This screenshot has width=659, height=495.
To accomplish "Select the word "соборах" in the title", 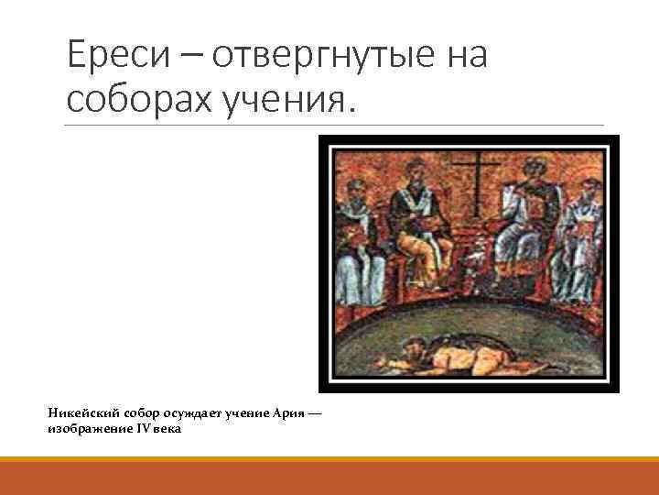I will click(x=137, y=98).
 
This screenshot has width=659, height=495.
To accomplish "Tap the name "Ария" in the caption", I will click(x=288, y=413).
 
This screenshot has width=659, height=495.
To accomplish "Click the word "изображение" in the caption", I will click(x=90, y=428).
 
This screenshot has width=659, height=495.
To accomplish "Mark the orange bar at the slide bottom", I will click(x=329, y=476).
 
